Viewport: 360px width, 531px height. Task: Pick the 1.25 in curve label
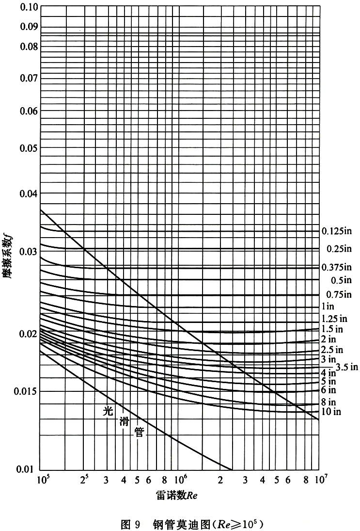click(335, 319)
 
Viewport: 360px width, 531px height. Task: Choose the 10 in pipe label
click(332, 412)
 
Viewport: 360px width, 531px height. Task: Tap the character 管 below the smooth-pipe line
click(139, 433)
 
